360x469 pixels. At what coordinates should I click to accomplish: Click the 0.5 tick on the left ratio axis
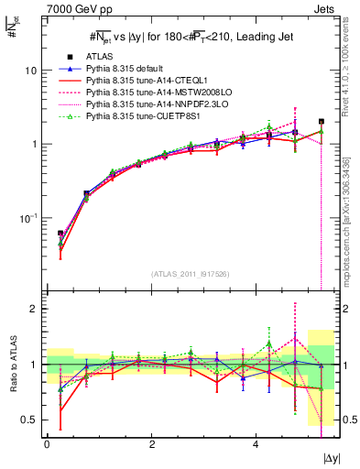[29, 420]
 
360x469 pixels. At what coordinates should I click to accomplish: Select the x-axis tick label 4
[255, 444]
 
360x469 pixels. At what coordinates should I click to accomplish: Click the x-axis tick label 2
[151, 444]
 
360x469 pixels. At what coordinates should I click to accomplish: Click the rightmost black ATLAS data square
[322, 121]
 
